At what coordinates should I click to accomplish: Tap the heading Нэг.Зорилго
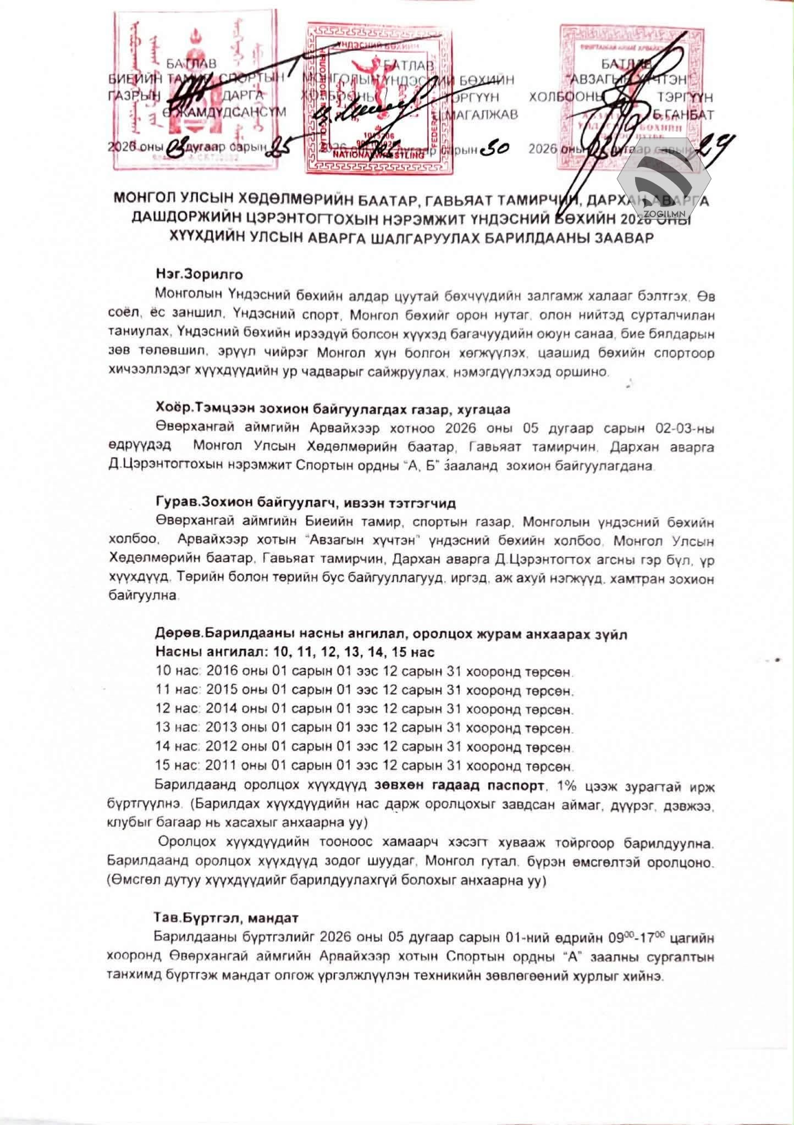click(x=199, y=274)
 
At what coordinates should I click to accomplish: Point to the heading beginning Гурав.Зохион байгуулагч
click(x=305, y=503)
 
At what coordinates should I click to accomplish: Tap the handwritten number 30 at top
click(x=493, y=148)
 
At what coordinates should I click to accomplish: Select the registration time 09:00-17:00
click(x=637, y=936)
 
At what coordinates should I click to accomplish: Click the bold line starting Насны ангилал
click(x=295, y=652)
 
